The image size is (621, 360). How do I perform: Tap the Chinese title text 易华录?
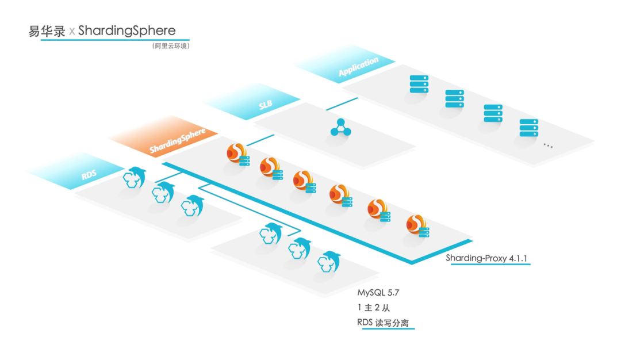point(47,31)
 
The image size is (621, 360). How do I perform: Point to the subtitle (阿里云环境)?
point(170,45)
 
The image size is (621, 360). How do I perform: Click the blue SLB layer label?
point(266,105)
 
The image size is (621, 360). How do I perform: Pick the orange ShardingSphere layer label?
point(178,141)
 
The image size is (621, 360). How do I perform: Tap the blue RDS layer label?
point(89,174)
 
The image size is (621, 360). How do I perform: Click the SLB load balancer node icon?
point(340,127)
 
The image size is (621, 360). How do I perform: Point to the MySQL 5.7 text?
point(378,293)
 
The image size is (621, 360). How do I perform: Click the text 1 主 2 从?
point(373,308)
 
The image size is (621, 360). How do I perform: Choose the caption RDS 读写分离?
point(382,323)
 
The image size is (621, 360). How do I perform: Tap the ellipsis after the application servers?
point(547,146)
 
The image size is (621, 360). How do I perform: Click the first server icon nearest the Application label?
point(419,84)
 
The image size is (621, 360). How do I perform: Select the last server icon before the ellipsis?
point(528,128)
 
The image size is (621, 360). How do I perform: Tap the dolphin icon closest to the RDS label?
point(136,177)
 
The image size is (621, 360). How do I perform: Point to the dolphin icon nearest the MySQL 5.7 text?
point(329,261)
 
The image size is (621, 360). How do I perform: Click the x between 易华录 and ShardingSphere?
point(71,32)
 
